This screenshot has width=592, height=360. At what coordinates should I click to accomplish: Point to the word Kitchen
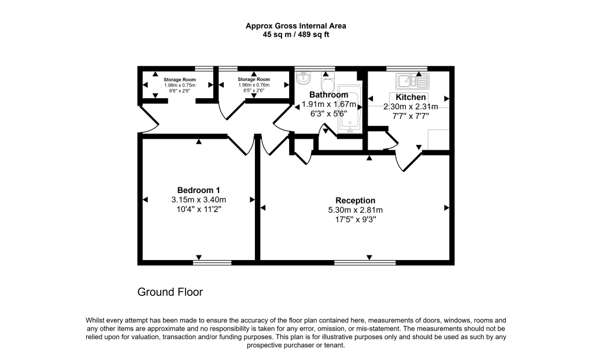click(x=410, y=97)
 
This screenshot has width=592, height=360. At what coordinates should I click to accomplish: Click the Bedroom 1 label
click(x=198, y=190)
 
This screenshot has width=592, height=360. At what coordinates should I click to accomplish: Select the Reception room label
click(x=355, y=201)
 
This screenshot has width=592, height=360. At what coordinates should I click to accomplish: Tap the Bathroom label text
click(x=328, y=95)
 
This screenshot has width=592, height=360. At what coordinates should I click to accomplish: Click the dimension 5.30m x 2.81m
click(x=355, y=210)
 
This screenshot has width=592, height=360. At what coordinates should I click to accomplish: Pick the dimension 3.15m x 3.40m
click(x=198, y=200)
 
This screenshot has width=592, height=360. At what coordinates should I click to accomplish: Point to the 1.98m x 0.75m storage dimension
click(x=179, y=85)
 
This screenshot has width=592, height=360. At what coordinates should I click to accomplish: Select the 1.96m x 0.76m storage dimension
click(x=254, y=85)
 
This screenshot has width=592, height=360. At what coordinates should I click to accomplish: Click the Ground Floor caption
click(x=170, y=292)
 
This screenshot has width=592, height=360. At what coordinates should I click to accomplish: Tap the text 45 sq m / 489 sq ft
click(x=295, y=35)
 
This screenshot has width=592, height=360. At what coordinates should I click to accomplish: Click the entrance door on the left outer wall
click(x=149, y=118)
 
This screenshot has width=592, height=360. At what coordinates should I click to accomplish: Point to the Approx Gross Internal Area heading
click(x=295, y=25)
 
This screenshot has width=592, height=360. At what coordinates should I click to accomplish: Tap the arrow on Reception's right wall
click(x=446, y=207)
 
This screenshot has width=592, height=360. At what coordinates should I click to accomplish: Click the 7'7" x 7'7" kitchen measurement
click(x=410, y=116)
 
